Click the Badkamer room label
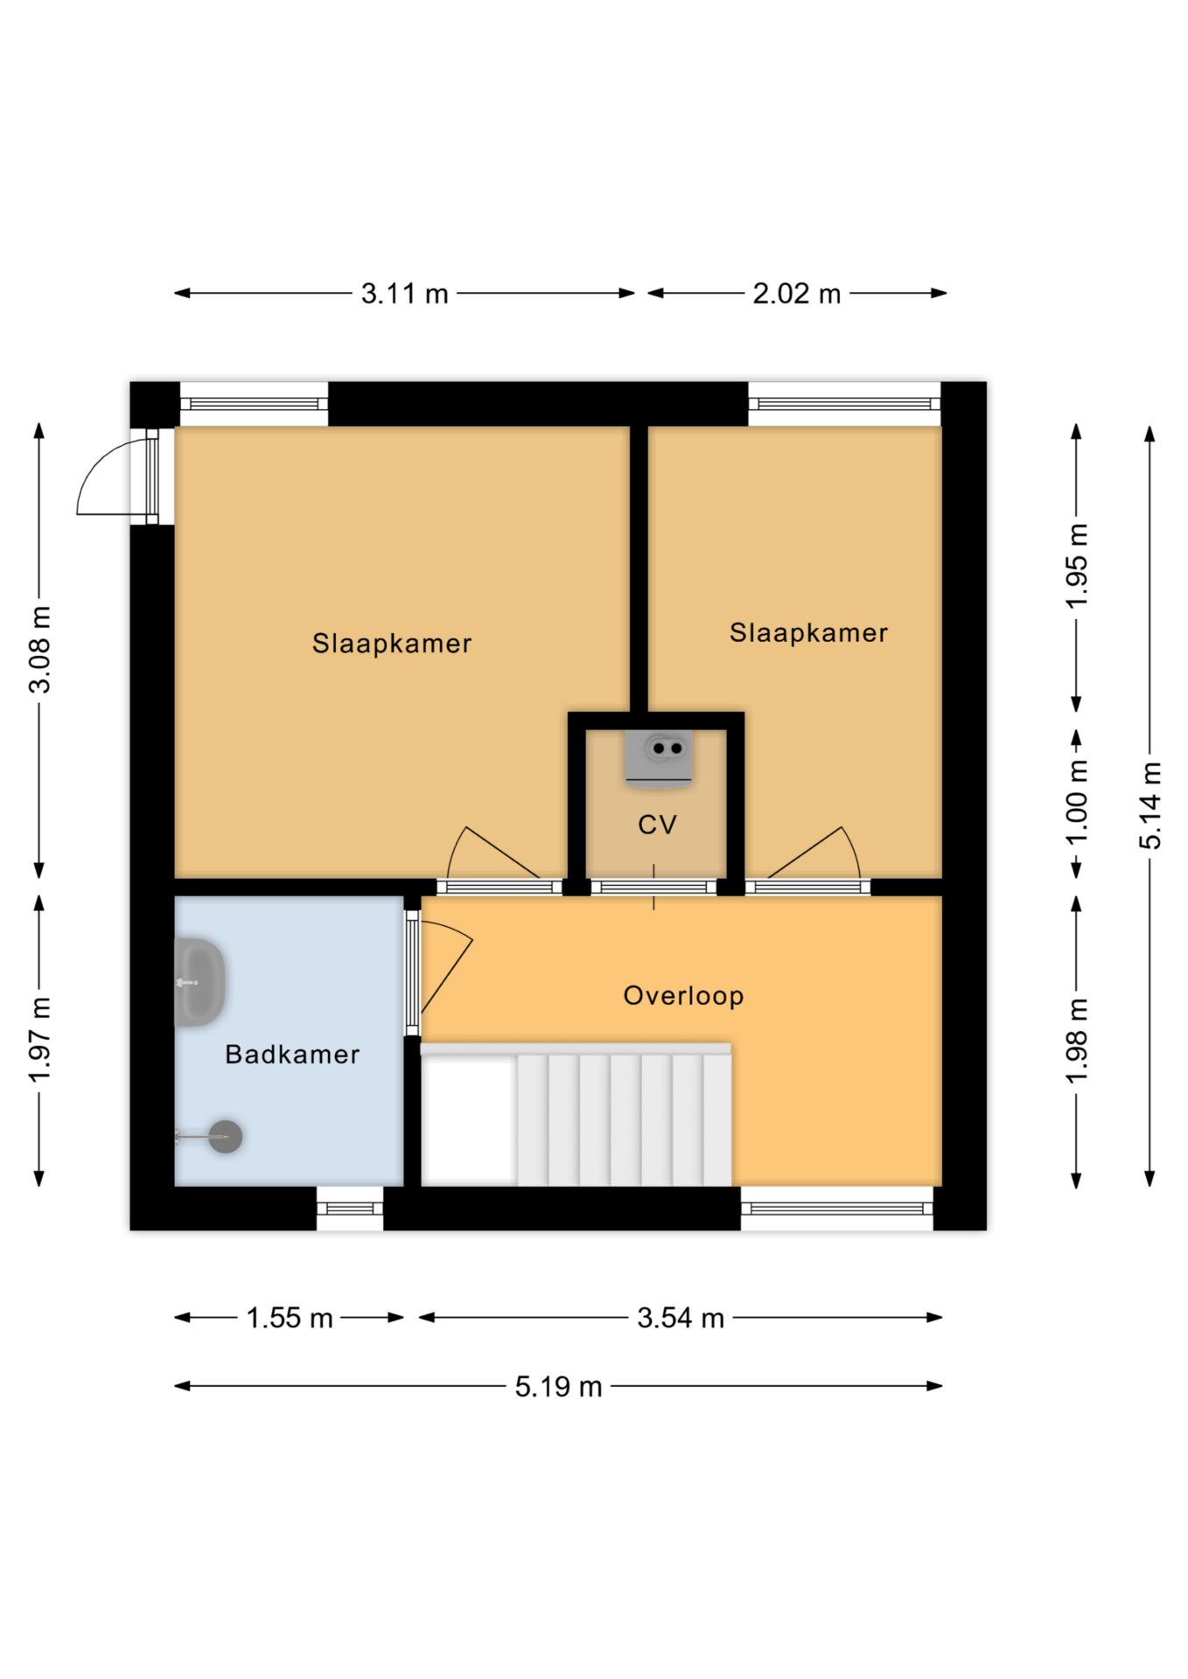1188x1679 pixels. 292,1054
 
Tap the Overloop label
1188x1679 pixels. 683,995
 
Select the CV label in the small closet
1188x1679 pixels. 657,825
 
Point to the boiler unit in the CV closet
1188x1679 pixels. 659,757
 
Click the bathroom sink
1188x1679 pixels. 200,982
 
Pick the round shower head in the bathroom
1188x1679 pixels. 225,1136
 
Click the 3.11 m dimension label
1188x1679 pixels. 404,294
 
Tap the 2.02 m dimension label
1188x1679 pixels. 796,294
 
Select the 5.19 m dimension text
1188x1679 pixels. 558,1387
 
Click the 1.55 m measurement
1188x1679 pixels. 290,1318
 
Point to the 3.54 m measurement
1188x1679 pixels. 681,1318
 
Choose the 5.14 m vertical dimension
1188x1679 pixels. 1150,805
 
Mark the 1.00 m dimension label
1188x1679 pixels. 1077,803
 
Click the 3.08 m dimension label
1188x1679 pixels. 39,650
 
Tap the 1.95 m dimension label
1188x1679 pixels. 1077,566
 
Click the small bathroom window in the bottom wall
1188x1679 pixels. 350,1209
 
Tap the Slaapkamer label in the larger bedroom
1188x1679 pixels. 392,644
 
